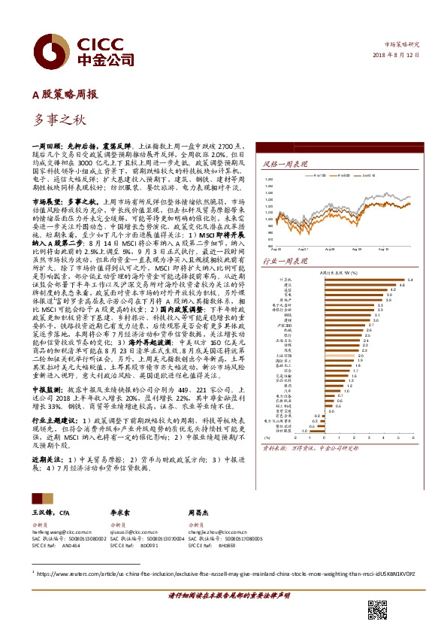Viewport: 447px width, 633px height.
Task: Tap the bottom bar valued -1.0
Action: point(310,430)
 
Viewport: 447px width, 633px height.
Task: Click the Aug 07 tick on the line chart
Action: point(303,246)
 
